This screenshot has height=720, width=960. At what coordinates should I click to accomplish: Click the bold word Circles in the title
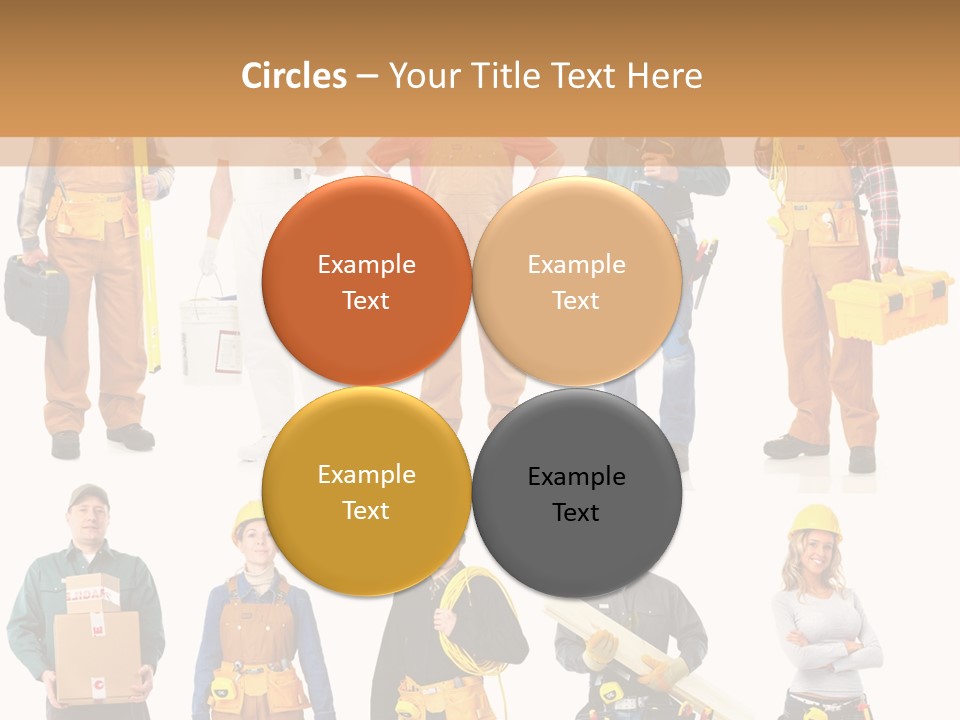(293, 76)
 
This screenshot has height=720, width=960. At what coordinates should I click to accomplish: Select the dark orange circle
(366, 281)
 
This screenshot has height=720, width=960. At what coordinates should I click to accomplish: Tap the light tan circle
(576, 281)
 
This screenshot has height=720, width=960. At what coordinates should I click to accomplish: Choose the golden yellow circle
(366, 491)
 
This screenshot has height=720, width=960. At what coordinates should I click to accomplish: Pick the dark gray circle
(576, 493)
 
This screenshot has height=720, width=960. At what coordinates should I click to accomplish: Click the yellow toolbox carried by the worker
(887, 307)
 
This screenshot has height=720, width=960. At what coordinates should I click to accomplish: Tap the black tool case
(36, 293)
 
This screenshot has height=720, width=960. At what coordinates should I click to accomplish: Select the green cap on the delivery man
(88, 495)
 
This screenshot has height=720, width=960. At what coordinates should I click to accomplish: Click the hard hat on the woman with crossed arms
(815, 521)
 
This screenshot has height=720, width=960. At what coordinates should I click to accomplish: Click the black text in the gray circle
(576, 494)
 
